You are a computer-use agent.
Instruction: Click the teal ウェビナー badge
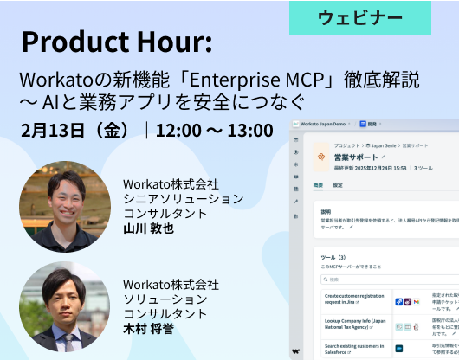pyautogui.click(x=359, y=17)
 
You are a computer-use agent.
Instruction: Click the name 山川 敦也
pyautogui.click(x=148, y=228)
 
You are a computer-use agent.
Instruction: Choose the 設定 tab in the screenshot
pyautogui.click(x=338, y=185)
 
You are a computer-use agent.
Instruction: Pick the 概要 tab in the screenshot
pyautogui.click(x=319, y=185)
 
